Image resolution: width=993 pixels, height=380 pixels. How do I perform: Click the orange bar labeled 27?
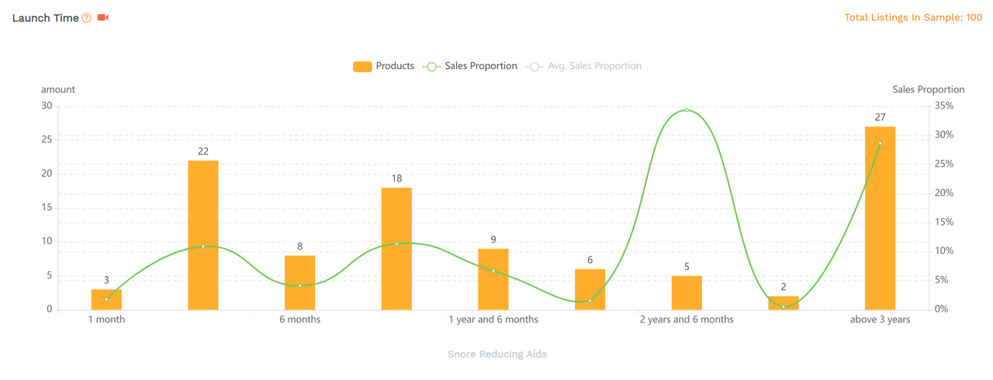(x=880, y=218)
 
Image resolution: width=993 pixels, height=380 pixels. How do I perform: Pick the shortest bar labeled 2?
(x=783, y=303)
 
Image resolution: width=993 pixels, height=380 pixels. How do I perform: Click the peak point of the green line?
(x=687, y=110)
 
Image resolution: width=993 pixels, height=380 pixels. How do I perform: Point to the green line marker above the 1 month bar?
(x=106, y=299)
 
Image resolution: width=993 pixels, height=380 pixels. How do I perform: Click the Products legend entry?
(x=384, y=66)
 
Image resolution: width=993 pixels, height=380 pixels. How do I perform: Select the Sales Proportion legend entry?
(x=470, y=66)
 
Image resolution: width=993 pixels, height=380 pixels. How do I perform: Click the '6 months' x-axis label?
(x=299, y=320)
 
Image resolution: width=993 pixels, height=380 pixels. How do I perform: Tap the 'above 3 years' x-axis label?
(x=880, y=320)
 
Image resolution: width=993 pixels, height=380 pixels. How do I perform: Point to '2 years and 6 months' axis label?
(x=687, y=320)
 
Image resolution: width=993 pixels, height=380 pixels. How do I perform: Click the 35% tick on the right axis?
(x=944, y=105)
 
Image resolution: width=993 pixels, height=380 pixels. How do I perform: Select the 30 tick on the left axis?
(x=47, y=105)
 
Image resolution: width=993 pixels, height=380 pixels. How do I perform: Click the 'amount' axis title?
(x=58, y=89)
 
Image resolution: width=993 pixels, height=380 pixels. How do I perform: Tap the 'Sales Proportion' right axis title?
(x=928, y=89)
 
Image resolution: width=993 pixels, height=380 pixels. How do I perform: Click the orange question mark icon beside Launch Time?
(x=87, y=18)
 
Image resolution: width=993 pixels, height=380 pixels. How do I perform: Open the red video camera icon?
(x=102, y=17)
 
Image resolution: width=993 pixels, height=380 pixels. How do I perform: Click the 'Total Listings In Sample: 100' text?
(x=913, y=17)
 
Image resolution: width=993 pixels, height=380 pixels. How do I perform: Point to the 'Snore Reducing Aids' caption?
(x=496, y=354)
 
